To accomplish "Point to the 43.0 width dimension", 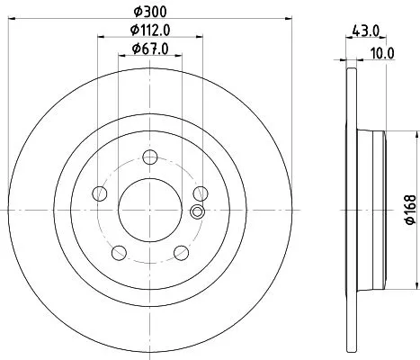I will pos(363,31).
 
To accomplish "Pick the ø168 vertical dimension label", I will pos(408,208).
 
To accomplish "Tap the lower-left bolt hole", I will pos(119,251).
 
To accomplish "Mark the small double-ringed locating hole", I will pos(198,212).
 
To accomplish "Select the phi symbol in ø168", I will pos(408,221).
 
